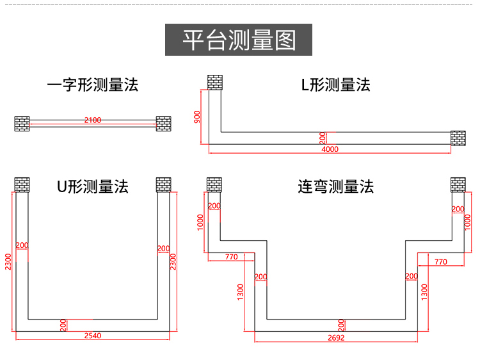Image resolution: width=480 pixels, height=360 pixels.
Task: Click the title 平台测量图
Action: [x=239, y=40]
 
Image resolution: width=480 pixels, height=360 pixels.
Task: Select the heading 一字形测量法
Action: [x=93, y=85]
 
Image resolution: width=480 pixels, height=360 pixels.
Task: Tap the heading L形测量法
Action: [x=336, y=85]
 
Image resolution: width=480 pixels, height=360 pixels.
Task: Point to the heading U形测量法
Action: [x=93, y=186]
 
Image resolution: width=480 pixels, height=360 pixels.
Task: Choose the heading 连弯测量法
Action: [x=335, y=186]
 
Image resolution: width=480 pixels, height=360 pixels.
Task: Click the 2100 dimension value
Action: [x=93, y=120]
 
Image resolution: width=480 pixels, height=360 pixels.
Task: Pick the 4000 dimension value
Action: [x=330, y=149]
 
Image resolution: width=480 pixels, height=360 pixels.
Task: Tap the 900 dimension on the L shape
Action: [x=197, y=117]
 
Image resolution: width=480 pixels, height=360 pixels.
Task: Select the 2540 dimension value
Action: [x=93, y=335]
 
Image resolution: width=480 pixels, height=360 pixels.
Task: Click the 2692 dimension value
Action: [x=336, y=337]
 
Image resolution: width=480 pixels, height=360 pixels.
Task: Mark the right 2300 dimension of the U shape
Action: [x=173, y=261]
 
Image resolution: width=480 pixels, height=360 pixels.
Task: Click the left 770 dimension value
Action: [x=231, y=257]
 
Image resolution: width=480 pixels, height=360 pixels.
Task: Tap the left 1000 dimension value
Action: [x=200, y=223]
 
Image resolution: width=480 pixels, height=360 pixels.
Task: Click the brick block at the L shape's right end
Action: [x=458, y=138]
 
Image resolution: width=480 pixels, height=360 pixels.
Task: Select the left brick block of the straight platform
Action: [x=22, y=123]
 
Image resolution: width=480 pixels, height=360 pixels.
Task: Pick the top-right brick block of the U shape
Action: [x=164, y=184]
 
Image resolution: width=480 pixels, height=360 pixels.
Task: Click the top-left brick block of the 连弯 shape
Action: [x=214, y=184]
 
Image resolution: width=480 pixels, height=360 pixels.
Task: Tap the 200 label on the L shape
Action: [x=323, y=138]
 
